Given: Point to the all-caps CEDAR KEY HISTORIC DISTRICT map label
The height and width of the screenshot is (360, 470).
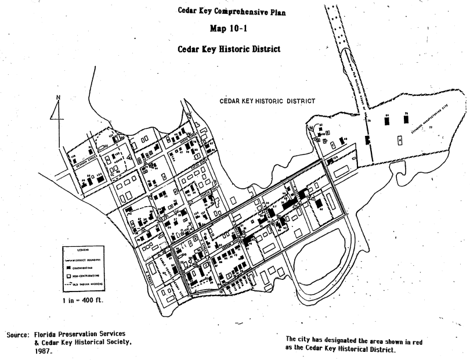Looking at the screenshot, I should coord(267,101).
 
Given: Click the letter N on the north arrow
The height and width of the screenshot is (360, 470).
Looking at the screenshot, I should coord(57,97).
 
